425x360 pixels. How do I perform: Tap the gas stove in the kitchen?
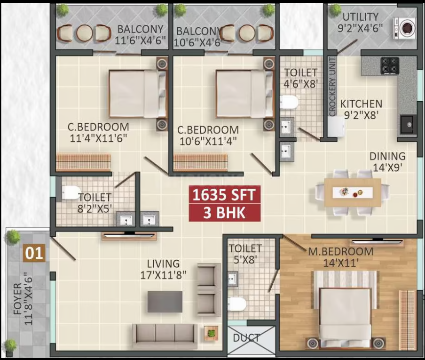389,65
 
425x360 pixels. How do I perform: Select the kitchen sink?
407,125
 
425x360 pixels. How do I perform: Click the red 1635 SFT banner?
225,195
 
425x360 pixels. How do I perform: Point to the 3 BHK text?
225,213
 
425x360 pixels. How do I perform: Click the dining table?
352,192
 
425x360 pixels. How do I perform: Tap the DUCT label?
247,338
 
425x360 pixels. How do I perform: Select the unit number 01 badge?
34,254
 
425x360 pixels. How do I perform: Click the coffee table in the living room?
165,302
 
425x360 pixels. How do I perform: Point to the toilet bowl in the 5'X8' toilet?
239,304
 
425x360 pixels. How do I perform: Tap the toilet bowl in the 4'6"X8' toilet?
289,102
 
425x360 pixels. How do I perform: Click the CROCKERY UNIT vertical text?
332,87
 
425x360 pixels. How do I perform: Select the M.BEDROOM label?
340,252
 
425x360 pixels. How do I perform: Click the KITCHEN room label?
361,104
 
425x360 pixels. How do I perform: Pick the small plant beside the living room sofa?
211,333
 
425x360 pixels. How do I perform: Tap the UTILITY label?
360,16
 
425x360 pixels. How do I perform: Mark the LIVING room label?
163,264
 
